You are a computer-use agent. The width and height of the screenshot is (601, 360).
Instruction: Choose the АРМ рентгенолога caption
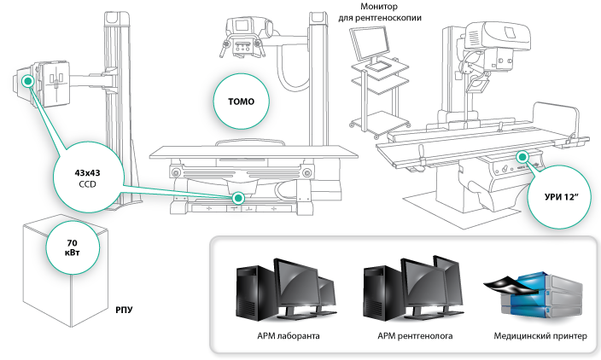(415, 336)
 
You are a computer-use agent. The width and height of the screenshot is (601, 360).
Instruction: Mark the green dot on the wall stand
(28, 80)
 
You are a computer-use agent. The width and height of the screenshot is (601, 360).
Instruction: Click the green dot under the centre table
(238, 198)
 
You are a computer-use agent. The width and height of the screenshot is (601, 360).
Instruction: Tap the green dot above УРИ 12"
(522, 158)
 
